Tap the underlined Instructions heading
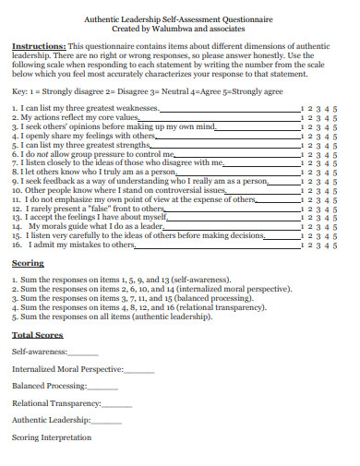click(39, 44)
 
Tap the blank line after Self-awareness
click(83, 352)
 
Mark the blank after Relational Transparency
click(118, 404)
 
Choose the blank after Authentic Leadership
click(106, 421)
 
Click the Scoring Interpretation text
click(52, 437)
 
